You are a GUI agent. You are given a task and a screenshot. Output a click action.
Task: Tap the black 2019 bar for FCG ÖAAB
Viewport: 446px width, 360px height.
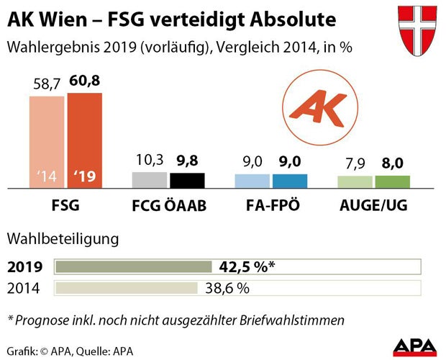[187, 181]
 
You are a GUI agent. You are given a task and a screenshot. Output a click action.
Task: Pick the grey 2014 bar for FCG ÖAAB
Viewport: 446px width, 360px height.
[150, 180]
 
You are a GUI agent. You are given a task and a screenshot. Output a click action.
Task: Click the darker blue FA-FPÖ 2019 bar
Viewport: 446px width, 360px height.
[290, 181]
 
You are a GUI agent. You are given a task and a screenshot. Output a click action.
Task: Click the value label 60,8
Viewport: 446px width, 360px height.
[84, 81]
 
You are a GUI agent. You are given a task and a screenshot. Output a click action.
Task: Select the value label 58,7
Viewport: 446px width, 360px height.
[47, 84]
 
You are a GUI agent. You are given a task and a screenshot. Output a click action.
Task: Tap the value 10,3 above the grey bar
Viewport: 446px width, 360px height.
[150, 160]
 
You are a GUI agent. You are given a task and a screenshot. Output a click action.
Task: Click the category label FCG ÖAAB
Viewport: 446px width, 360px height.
[168, 206]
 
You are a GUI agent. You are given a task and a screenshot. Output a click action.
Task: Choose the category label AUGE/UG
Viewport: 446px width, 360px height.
[373, 206]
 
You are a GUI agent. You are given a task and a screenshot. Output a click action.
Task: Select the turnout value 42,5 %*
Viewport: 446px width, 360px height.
[247, 267]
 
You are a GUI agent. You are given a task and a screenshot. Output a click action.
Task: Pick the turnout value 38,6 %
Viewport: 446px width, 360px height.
[227, 289]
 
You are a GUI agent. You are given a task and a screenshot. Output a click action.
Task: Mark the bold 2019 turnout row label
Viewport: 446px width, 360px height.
[24, 267]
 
